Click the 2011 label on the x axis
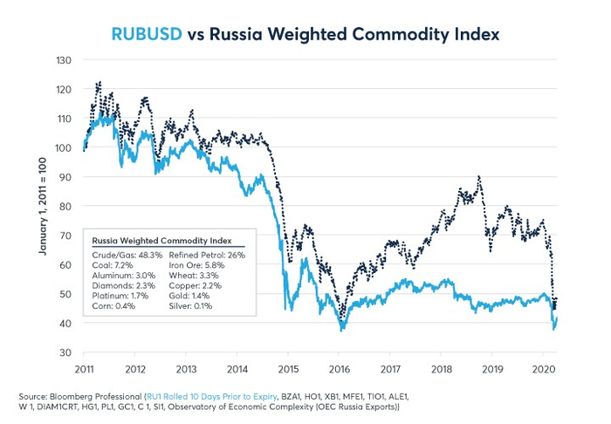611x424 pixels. (x=85, y=367)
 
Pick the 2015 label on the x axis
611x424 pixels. (x=288, y=367)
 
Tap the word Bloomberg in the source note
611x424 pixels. (x=93, y=395)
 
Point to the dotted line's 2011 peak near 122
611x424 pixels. (x=99, y=83)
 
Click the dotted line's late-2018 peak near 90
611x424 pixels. (x=479, y=177)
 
